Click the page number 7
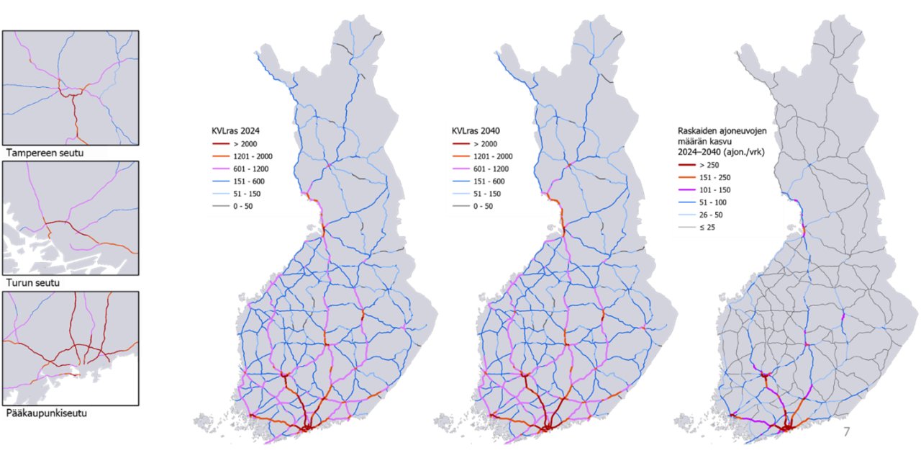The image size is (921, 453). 846,433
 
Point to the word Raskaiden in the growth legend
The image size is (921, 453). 698,131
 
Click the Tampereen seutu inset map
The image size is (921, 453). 71,88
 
